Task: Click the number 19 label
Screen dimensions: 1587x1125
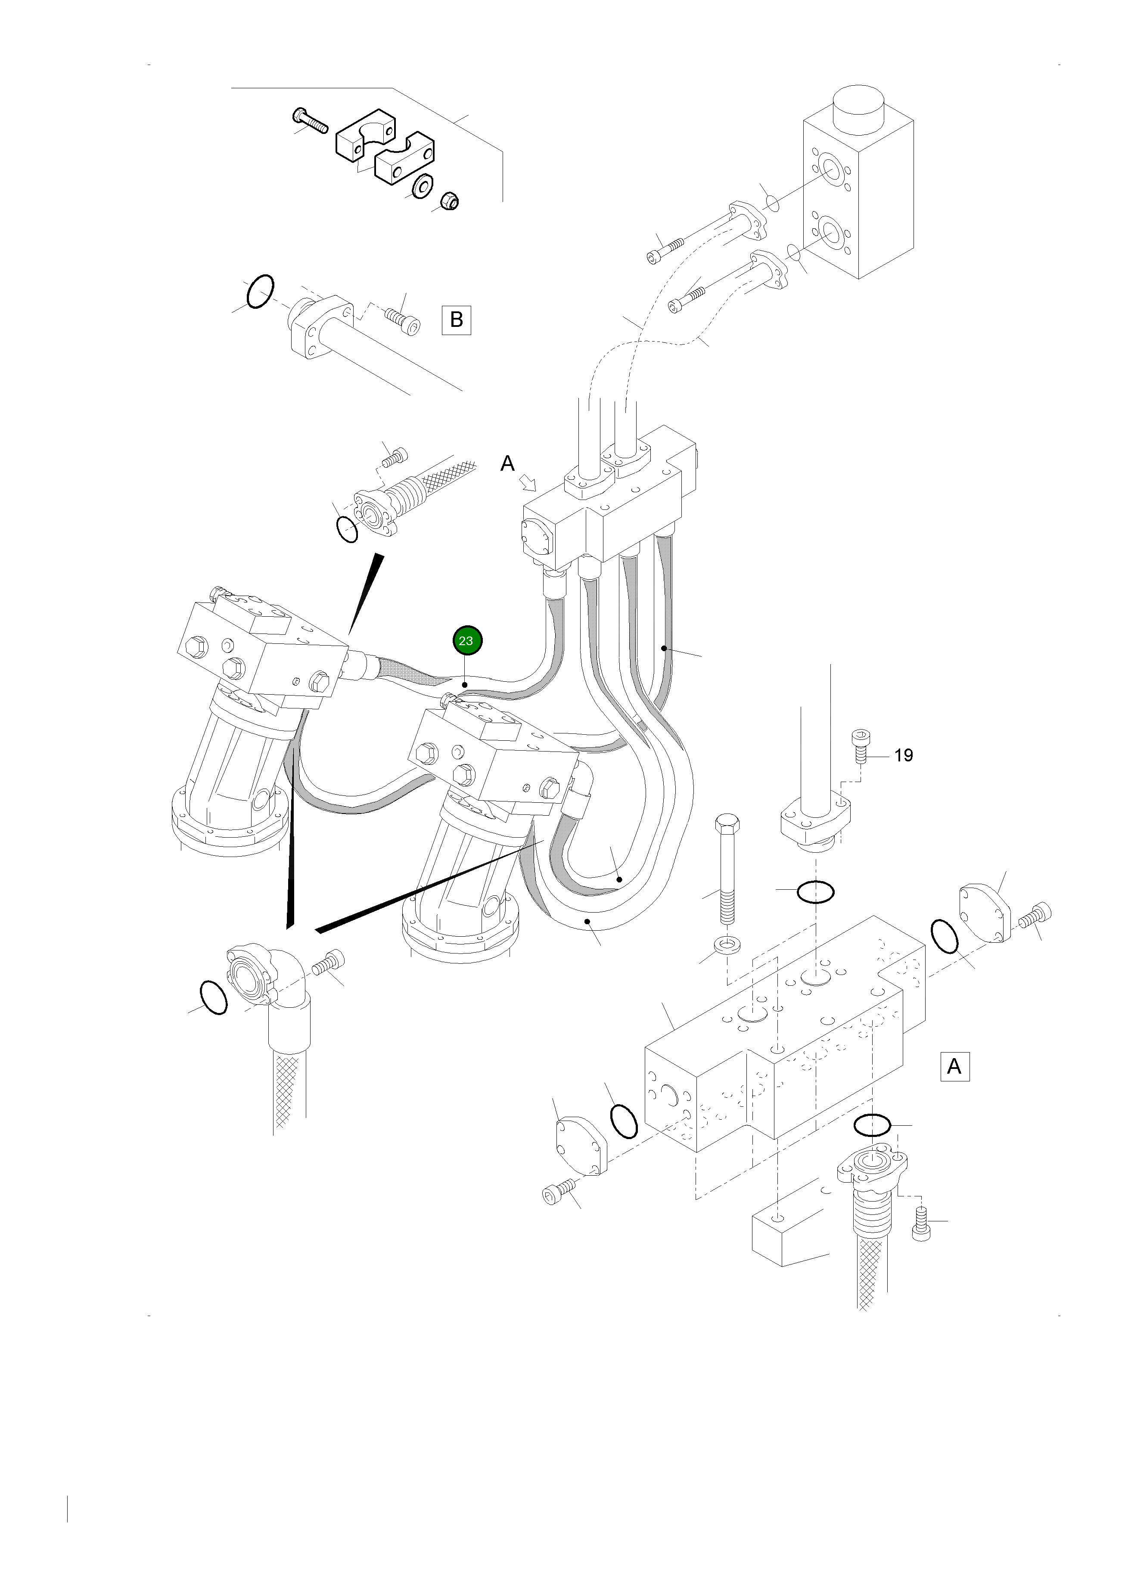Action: click(903, 756)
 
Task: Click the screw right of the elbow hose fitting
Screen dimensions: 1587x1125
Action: click(328, 963)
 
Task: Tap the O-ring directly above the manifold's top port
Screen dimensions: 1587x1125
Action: click(815, 892)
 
